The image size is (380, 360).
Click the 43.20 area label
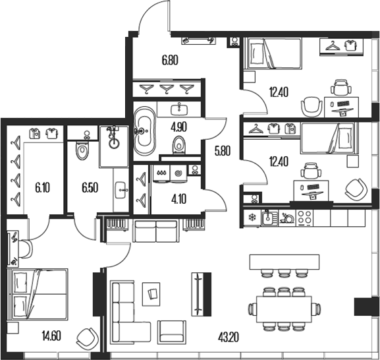click(x=229, y=337)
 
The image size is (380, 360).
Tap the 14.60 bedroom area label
click(x=51, y=336)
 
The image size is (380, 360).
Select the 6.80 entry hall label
click(x=170, y=60)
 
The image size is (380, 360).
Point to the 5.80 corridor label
click(x=223, y=151)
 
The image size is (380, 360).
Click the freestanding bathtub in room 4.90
click(x=145, y=131)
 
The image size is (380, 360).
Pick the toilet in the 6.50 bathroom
click(x=82, y=151)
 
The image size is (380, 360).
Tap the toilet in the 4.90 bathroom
click(x=179, y=145)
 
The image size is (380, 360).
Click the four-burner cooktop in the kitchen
click(x=305, y=218)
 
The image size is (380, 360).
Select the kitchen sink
click(x=270, y=218)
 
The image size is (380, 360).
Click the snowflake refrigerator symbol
click(x=252, y=218)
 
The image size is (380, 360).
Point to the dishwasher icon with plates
click(x=287, y=218)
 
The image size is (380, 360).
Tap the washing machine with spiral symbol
click(x=179, y=173)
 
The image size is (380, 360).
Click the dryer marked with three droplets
click(x=161, y=173)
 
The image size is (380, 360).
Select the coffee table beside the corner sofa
click(x=151, y=294)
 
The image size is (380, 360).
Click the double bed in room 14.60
click(x=38, y=294)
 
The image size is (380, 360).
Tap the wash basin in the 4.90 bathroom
click(x=179, y=109)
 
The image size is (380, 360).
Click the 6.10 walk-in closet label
click(x=42, y=188)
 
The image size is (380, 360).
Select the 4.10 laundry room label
click(x=179, y=199)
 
